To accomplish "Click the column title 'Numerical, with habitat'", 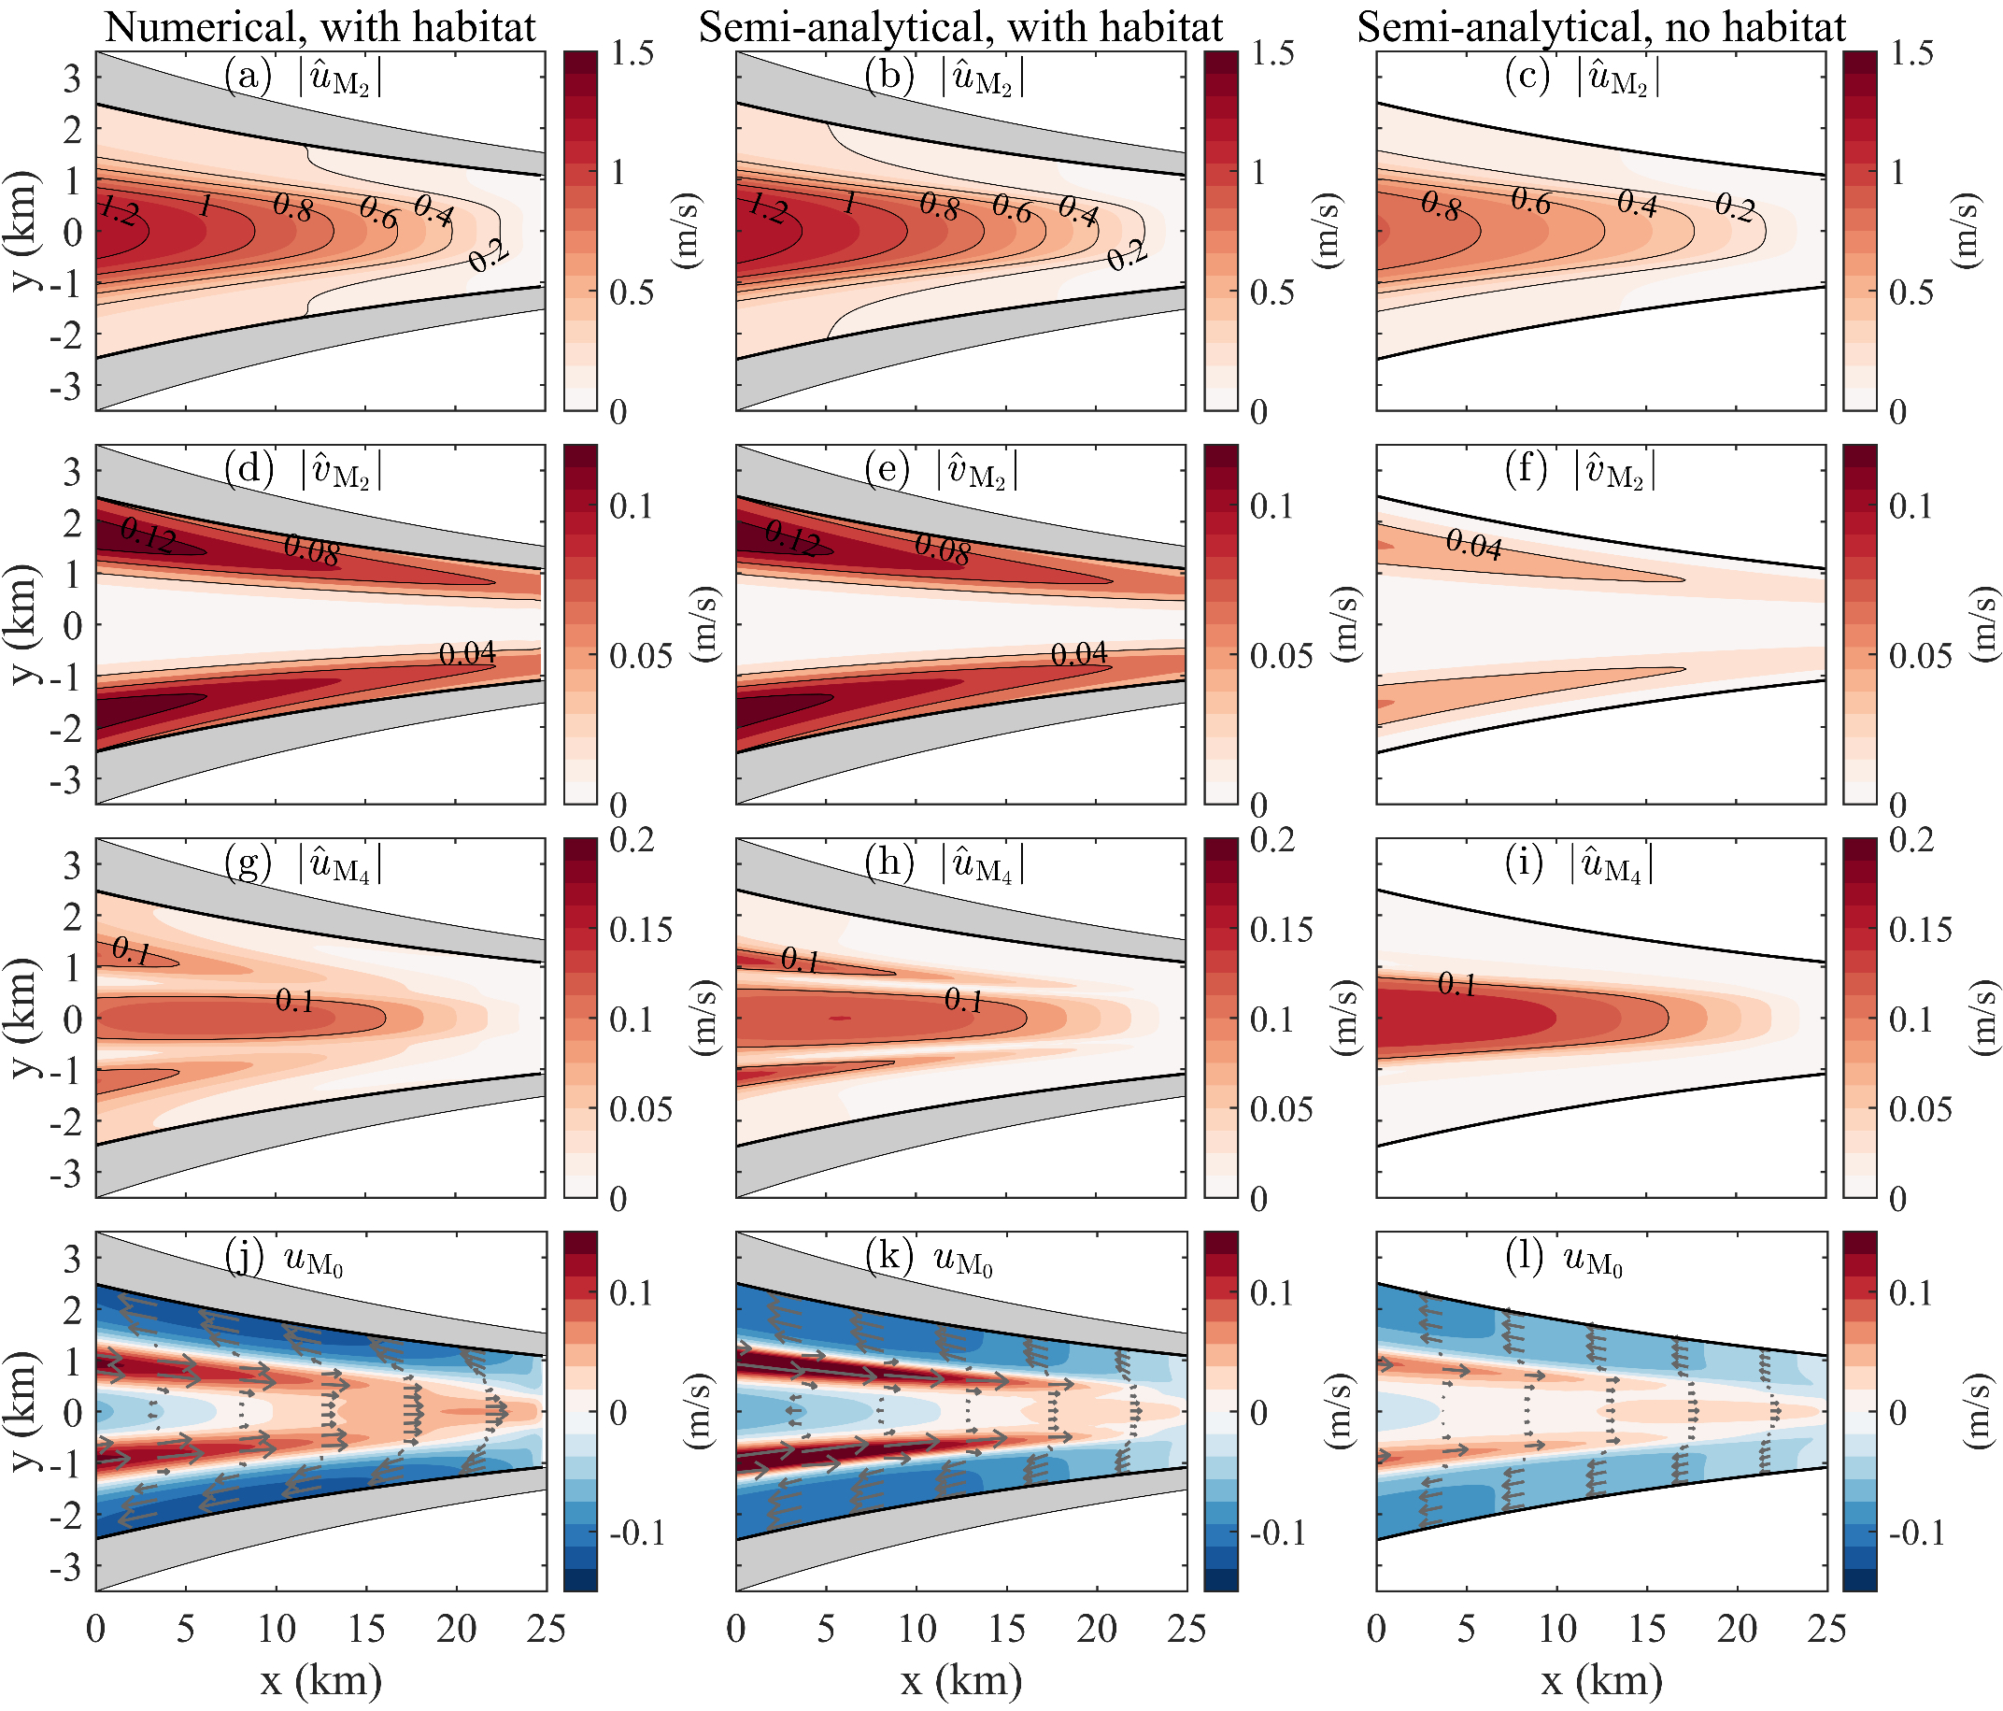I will (x=320, y=26).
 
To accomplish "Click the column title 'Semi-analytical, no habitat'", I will (x=1601, y=26).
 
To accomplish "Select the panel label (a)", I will (x=249, y=75).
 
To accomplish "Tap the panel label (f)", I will (x=1527, y=469).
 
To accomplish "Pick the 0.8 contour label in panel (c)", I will (x=1441, y=206).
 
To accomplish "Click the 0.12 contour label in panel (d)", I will (x=147, y=535).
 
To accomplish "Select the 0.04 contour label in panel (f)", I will (x=1473, y=546).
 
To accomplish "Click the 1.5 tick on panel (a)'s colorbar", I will (x=632, y=53).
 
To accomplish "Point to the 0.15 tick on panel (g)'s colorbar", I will (x=641, y=930).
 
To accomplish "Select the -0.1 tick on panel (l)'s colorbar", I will (x=1916, y=1533).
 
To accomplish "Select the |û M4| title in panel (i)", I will (x=1611, y=863).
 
